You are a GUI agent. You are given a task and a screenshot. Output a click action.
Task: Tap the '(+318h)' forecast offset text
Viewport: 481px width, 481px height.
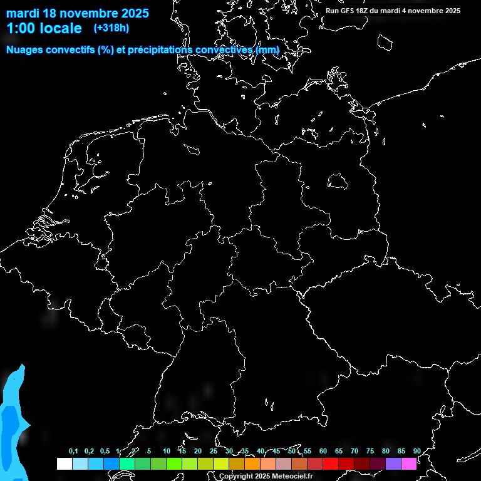pos(111,28)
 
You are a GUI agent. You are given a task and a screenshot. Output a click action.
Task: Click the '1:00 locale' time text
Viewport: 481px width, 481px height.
pos(44,28)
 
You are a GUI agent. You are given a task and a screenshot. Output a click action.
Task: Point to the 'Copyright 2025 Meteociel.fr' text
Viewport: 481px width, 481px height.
pos(265,477)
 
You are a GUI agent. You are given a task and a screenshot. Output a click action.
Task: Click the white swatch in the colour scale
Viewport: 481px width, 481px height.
pos(64,463)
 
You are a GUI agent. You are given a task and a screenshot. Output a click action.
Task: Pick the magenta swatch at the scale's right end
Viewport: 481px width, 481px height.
pos(409,463)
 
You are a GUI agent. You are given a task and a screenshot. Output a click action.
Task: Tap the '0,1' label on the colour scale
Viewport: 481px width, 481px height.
pos(73,452)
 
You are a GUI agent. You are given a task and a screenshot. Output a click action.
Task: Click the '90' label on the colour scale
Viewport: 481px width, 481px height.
pos(417,452)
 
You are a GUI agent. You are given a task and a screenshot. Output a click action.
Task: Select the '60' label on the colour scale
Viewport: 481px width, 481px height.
pos(323,452)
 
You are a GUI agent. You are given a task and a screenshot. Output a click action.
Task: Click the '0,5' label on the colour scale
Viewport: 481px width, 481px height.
pos(105,452)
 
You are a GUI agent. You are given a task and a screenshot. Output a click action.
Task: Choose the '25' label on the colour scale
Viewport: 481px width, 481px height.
pos(214,452)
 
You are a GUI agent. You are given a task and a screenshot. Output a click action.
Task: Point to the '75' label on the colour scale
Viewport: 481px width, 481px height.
pos(370,452)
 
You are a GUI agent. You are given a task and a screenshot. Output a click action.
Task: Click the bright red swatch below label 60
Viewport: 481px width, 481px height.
pos(331,463)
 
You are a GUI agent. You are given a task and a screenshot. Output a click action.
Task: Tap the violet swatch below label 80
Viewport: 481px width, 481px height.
pos(393,463)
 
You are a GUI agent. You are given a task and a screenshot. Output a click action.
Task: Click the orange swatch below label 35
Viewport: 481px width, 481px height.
pos(252,463)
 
